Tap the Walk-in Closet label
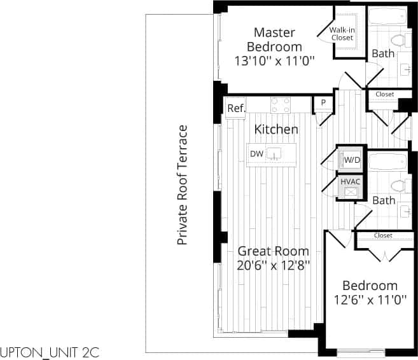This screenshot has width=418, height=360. (342, 34)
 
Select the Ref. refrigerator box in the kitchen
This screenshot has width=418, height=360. (236, 108)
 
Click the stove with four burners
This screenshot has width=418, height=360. (281, 104)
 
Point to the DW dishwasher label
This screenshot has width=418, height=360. (256, 154)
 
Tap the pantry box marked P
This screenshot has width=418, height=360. (323, 102)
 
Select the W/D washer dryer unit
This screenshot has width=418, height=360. (351, 160)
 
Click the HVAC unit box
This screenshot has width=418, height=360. (351, 185)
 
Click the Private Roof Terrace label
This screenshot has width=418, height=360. (183, 185)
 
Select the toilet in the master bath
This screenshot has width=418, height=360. (399, 41)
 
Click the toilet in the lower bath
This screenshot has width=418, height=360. (399, 186)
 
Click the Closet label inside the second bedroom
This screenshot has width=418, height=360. (383, 235)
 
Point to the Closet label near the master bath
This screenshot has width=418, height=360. (385, 94)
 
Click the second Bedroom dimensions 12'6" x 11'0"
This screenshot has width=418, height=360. (370, 300)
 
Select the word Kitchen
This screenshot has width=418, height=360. (276, 129)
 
